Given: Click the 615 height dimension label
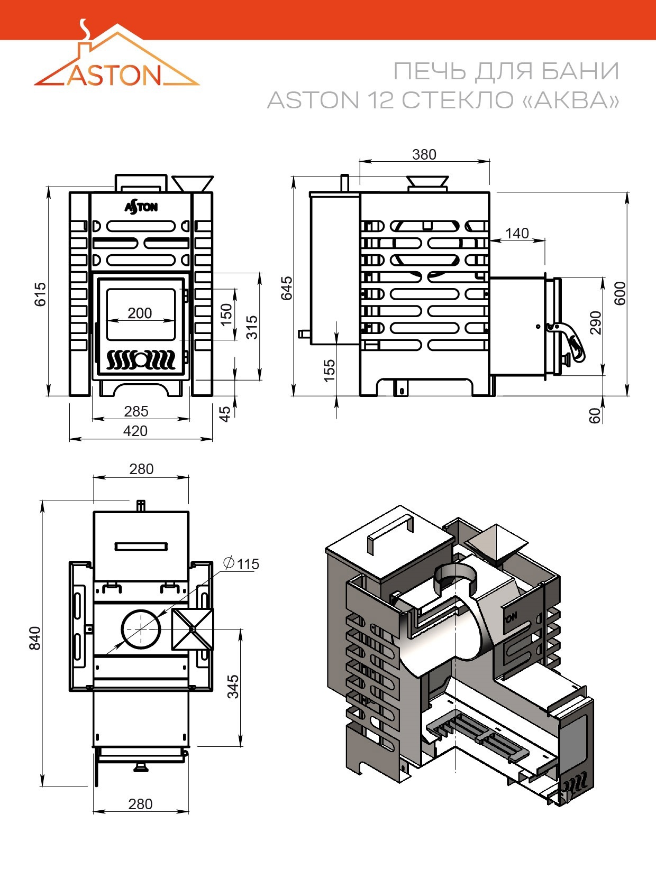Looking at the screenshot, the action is [x=40, y=294].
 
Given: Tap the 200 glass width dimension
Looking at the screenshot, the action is [x=140, y=313].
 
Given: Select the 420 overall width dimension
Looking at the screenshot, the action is [x=135, y=431].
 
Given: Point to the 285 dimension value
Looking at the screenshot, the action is [x=136, y=411].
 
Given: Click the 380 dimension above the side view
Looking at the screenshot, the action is [x=424, y=154].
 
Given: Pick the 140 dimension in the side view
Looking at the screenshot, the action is [x=517, y=233].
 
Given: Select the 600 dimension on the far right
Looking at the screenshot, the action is [x=619, y=293].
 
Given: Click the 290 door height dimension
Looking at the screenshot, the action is [x=596, y=322].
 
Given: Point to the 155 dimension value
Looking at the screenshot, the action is [x=330, y=371].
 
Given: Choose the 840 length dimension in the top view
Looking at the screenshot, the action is [x=35, y=638].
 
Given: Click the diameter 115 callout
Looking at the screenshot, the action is [x=241, y=563].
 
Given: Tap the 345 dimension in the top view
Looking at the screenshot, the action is [x=233, y=687].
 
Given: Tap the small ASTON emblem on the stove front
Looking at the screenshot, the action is [x=141, y=207].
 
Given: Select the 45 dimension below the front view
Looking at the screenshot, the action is [x=225, y=414].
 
